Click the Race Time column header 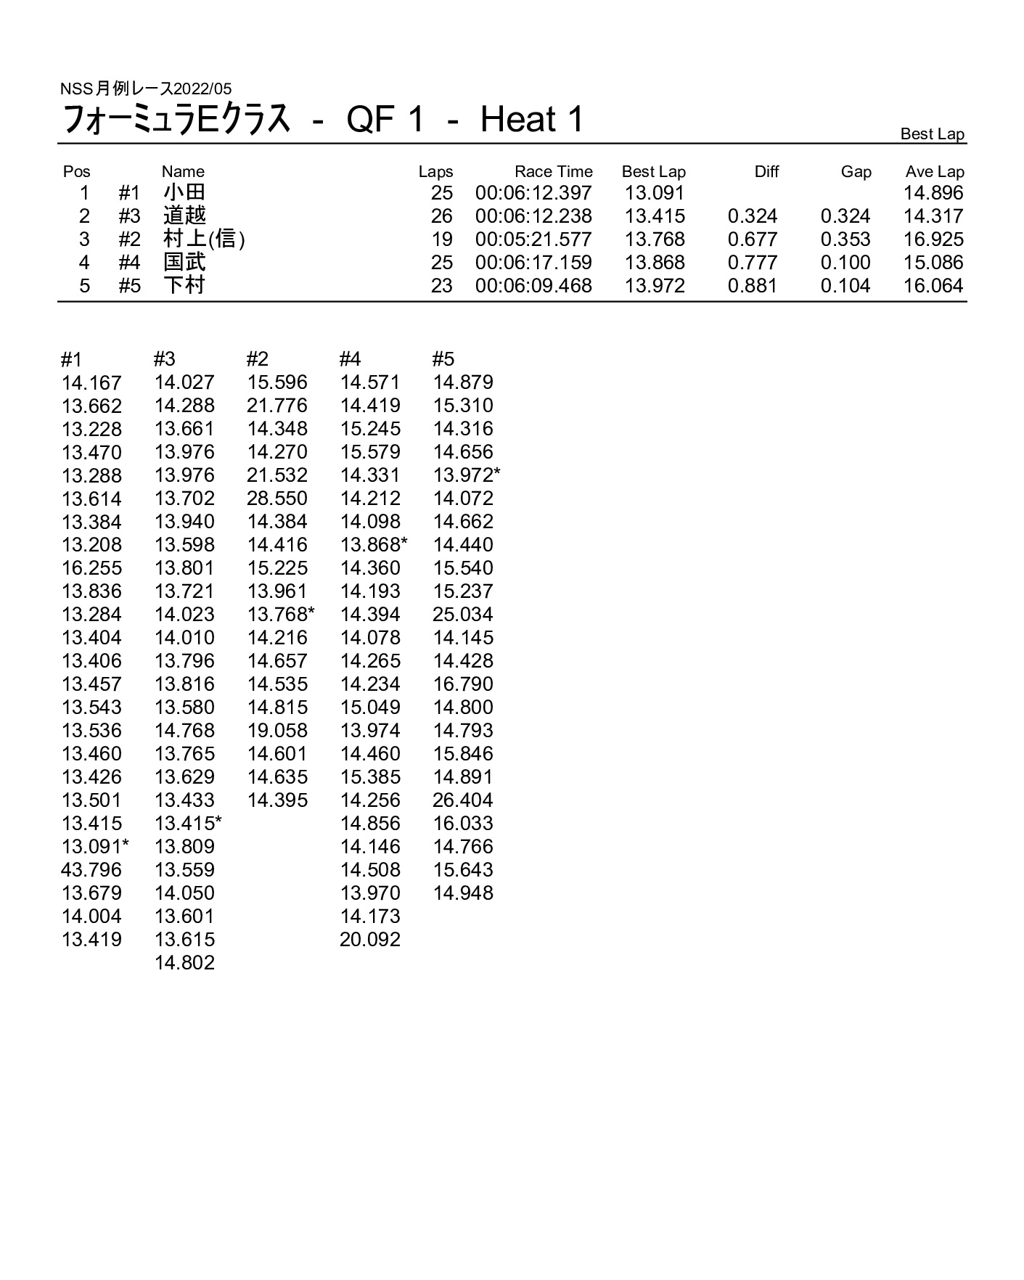[553, 172]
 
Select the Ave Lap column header [934, 172]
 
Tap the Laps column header [435, 172]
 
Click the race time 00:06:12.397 [533, 193]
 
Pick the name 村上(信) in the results [204, 239]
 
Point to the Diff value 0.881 [753, 286]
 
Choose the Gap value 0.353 [845, 239]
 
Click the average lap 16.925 [933, 239]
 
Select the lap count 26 [441, 216]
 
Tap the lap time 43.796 [91, 870]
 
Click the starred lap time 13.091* [95, 847]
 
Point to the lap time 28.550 [277, 499]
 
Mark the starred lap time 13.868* [374, 545]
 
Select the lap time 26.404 [463, 800]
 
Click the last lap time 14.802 [184, 963]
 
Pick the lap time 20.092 [370, 940]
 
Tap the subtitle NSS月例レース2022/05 [146, 89]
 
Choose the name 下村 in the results [184, 285]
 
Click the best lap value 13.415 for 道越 [655, 216]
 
